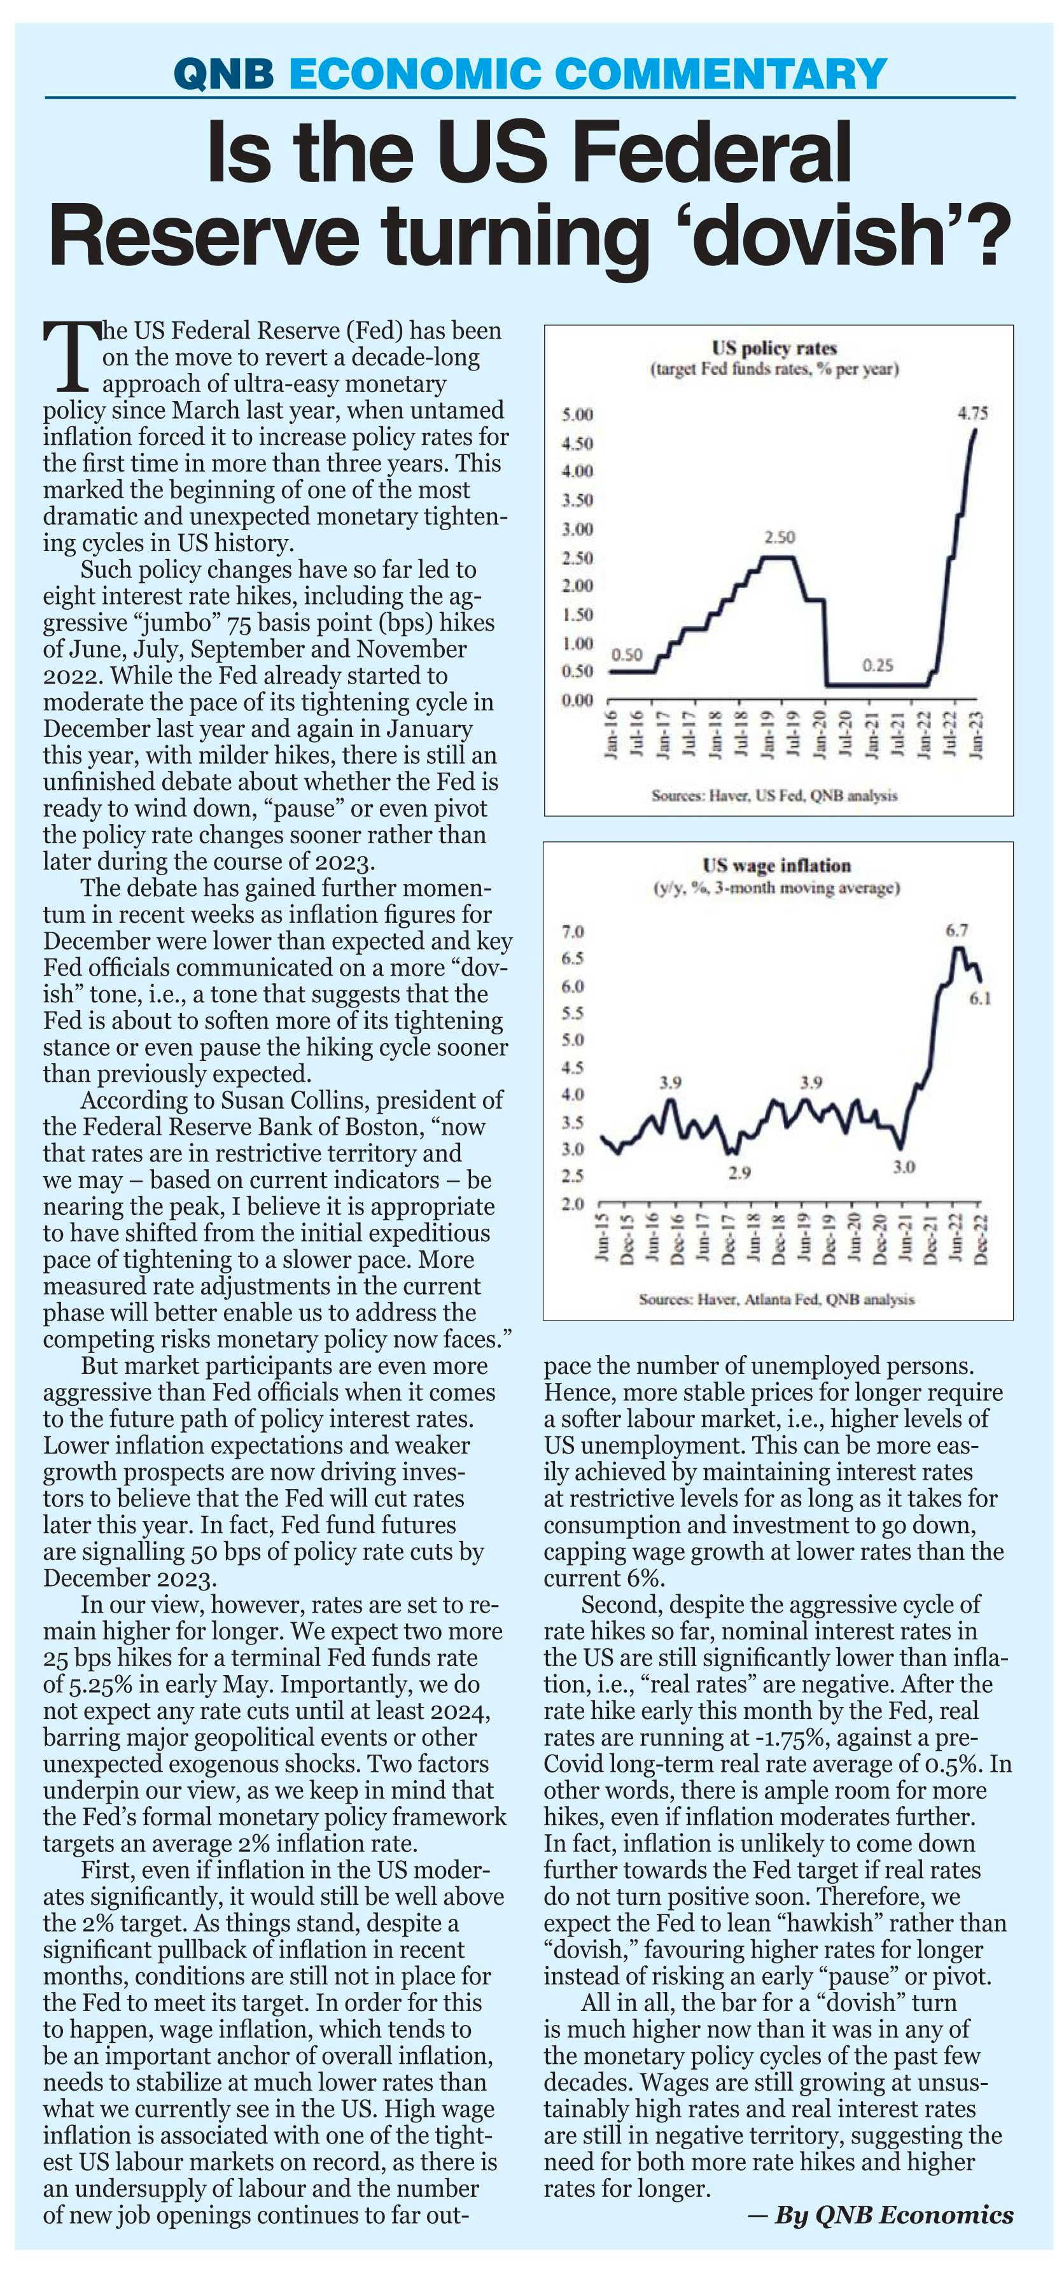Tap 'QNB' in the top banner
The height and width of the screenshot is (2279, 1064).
tap(225, 73)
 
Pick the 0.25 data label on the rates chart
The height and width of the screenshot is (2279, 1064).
tap(878, 665)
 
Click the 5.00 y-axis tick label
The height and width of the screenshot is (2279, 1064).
tap(578, 415)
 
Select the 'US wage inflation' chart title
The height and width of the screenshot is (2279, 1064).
tap(776, 866)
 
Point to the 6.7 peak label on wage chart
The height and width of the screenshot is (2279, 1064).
tap(956, 930)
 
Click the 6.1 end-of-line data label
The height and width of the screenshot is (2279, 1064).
tap(980, 1000)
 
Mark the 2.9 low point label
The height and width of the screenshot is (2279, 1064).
tap(739, 1172)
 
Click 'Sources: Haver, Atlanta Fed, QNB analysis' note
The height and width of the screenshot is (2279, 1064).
tap(776, 1299)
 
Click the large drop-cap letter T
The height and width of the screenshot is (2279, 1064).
tap(70, 356)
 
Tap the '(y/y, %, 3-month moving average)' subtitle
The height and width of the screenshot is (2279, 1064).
tap(776, 887)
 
